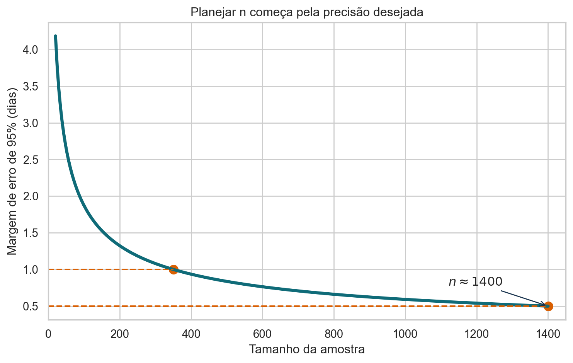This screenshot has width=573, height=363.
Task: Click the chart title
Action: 307,12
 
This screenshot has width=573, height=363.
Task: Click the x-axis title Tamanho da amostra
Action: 307,349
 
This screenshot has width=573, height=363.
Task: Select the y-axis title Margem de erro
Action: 12,171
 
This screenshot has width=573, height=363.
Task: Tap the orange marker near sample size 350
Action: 174,269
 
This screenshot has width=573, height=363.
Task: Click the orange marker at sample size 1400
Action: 548,306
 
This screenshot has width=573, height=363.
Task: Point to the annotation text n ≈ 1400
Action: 476,281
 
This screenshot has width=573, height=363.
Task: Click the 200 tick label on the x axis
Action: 119,334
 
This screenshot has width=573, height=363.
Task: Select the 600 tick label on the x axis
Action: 262,334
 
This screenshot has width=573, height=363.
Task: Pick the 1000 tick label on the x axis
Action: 405,334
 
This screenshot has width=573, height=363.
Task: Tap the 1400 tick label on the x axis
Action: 548,334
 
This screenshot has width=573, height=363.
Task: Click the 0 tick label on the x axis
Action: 48,334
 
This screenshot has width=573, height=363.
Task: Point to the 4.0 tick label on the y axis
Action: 31,50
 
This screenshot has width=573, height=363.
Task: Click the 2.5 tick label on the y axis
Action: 31,160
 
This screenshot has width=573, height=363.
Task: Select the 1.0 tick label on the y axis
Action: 31,269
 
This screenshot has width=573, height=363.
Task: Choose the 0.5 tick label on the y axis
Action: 31,306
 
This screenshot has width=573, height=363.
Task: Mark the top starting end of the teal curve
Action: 56,36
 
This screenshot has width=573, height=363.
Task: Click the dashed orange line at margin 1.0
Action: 111,269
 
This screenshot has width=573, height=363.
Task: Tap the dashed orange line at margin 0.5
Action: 298,306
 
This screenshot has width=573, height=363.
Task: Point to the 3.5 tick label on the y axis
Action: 31,87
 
